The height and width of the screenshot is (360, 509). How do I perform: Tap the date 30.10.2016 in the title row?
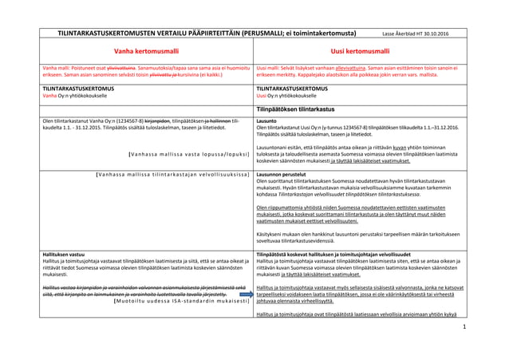click(432, 34)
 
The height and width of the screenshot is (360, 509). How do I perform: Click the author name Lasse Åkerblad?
click(398, 34)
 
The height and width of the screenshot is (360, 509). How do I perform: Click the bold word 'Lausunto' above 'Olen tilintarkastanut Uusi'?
click(267, 121)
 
